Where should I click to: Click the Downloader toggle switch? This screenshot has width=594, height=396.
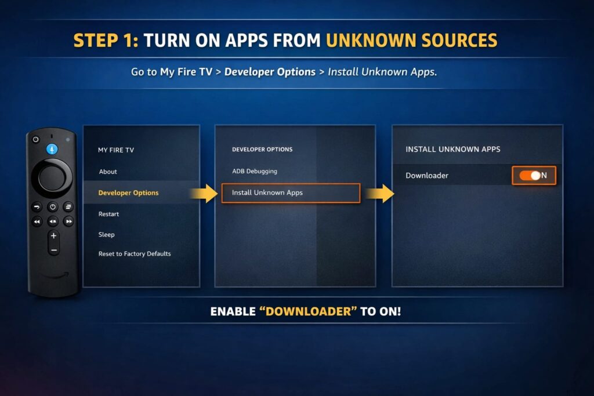[x=530, y=175]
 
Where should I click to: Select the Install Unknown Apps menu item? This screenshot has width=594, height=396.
[x=267, y=192]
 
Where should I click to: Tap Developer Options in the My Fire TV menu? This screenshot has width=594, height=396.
[x=128, y=192]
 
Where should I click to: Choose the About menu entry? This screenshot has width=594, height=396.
[x=108, y=172]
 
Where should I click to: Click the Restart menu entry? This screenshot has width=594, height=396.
[x=108, y=214]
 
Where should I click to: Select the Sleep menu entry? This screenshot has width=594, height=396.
[x=107, y=234]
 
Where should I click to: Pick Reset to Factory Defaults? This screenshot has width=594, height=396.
[x=135, y=253]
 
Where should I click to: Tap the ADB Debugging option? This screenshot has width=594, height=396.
[x=255, y=171]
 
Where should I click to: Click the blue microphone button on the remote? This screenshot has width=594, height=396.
[x=52, y=149]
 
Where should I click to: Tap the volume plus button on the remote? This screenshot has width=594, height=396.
[x=53, y=236]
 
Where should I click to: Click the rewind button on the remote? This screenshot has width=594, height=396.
[x=37, y=221]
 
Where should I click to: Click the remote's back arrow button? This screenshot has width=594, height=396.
[x=37, y=207]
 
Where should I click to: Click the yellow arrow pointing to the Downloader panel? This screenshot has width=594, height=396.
[x=380, y=194]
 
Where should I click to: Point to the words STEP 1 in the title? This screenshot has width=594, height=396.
[x=106, y=41]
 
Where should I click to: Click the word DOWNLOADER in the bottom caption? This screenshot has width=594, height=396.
[x=308, y=311]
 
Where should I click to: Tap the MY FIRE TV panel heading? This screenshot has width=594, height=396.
[x=116, y=150]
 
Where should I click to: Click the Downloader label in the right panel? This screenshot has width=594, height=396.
[x=427, y=175]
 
